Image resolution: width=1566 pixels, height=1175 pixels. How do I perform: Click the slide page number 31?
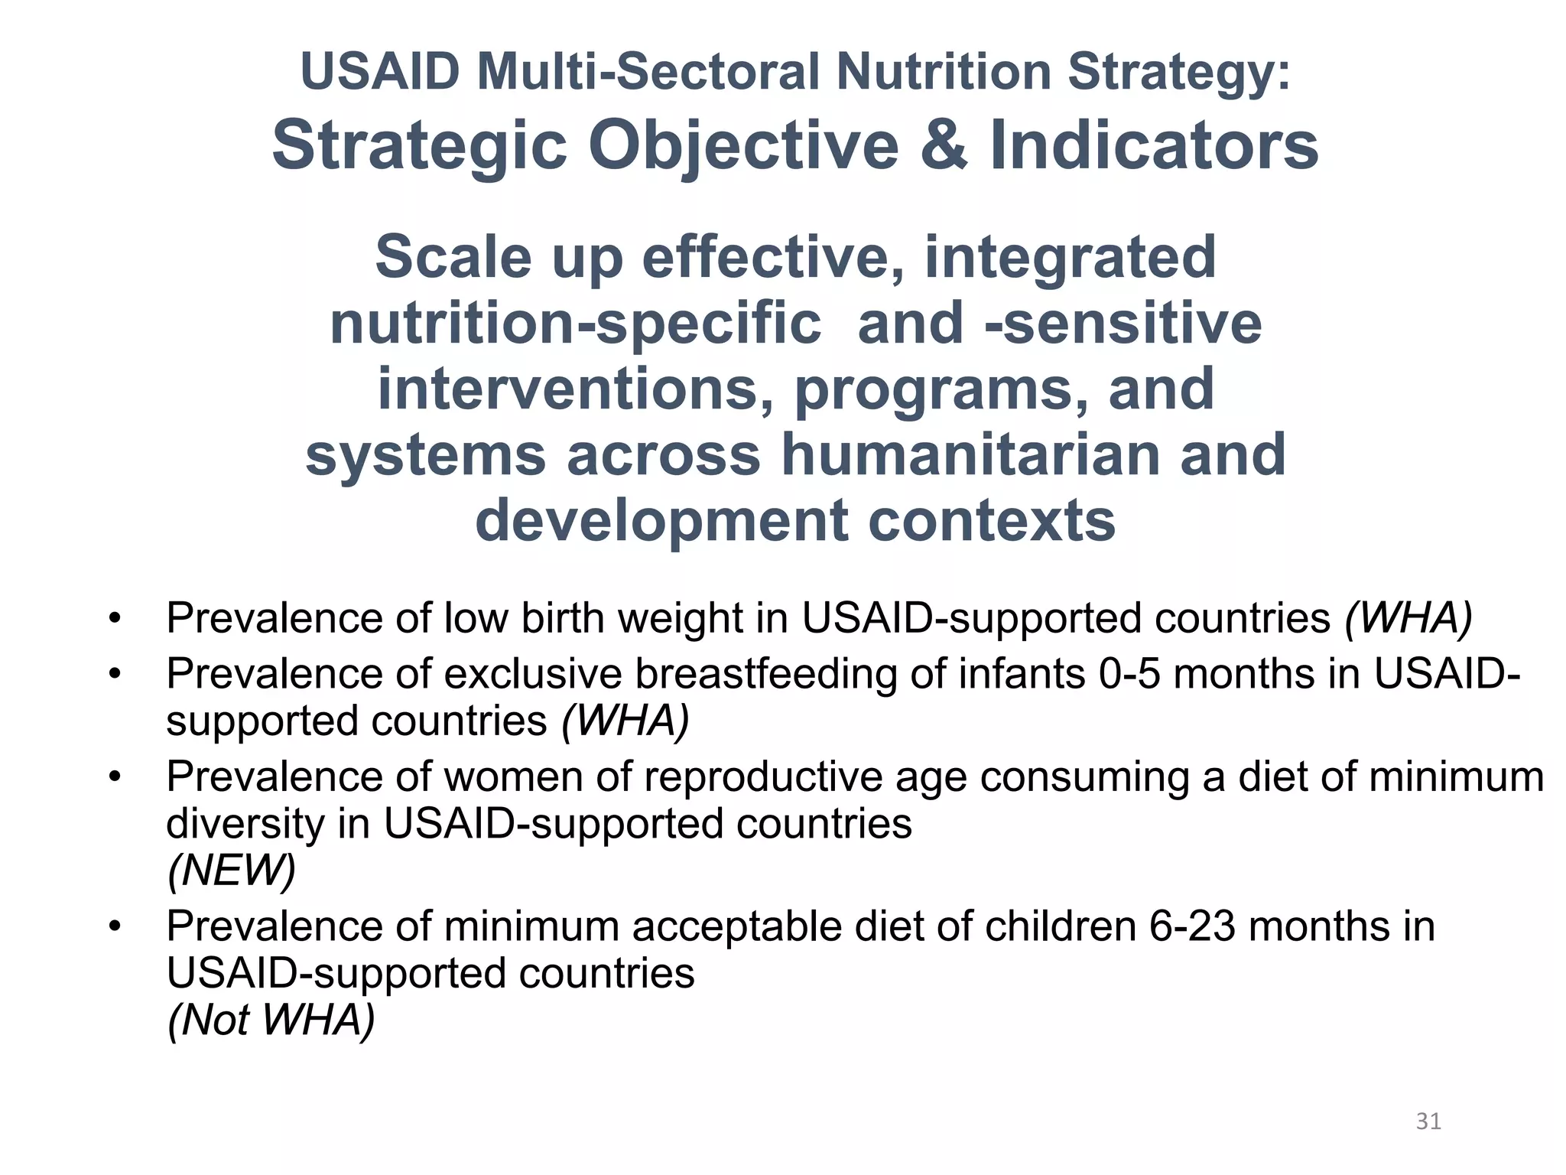1428,1121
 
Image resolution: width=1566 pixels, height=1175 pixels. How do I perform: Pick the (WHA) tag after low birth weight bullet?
1408,618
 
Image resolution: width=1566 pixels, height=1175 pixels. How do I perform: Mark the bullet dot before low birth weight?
115,618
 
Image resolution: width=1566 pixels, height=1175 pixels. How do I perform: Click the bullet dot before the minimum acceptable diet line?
115,926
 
